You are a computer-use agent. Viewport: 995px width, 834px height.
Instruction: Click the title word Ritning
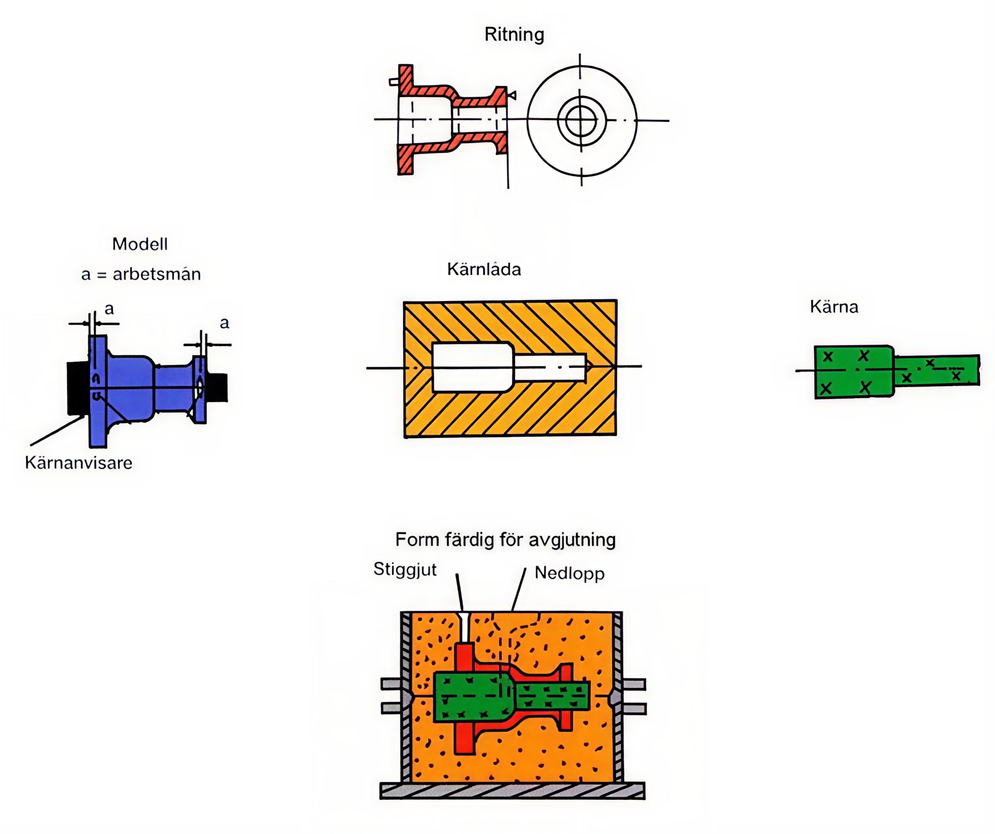(x=514, y=35)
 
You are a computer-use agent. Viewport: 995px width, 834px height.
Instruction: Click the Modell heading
(x=140, y=244)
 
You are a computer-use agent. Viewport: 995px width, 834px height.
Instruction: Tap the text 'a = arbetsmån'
(x=141, y=274)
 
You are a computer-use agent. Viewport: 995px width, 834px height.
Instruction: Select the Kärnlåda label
(x=484, y=270)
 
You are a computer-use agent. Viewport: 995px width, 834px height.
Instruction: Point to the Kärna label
(x=834, y=307)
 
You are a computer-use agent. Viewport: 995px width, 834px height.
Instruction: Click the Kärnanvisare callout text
(x=79, y=463)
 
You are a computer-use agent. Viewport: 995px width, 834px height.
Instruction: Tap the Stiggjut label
(x=405, y=569)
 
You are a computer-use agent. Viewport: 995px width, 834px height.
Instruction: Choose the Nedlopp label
(x=569, y=573)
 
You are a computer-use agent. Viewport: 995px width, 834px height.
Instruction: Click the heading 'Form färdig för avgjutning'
(x=506, y=540)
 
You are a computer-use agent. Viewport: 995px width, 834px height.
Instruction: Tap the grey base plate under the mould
(x=512, y=791)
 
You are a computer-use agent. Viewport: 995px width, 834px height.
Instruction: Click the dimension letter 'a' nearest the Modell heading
(x=110, y=309)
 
